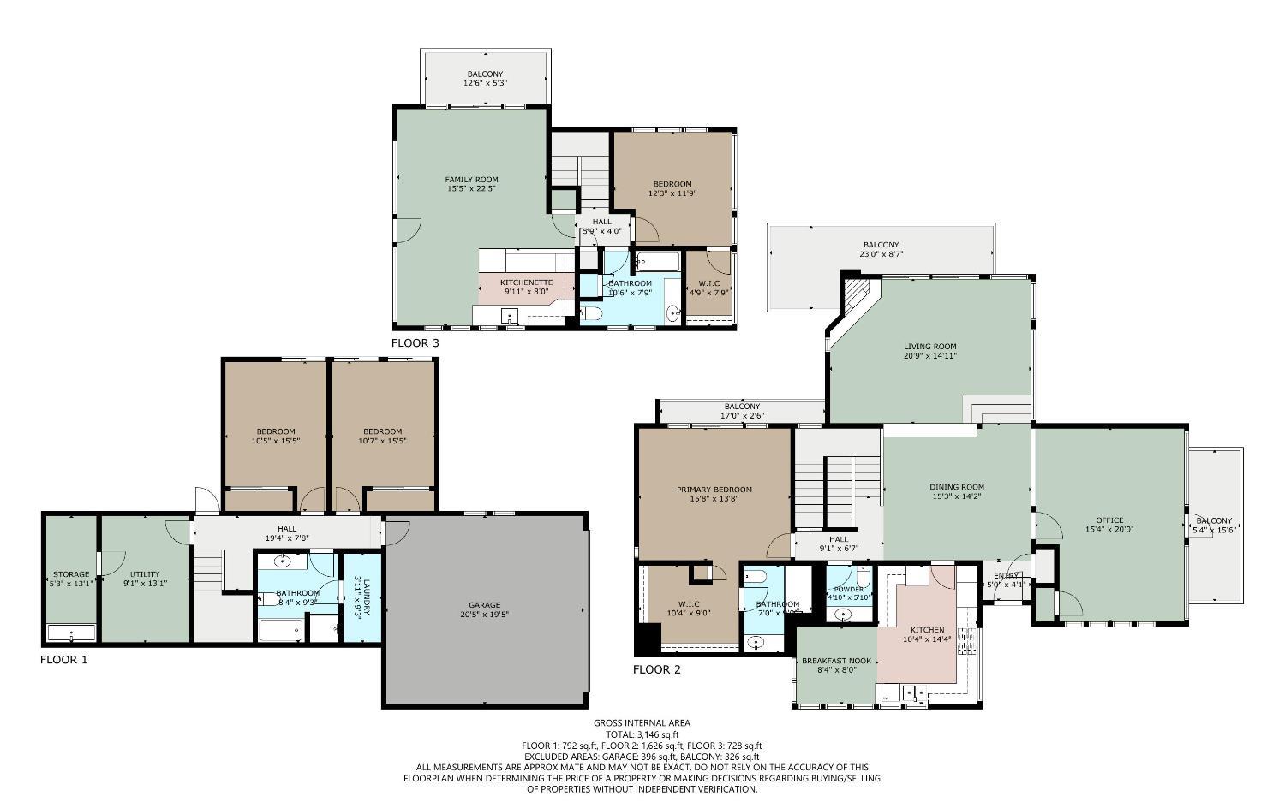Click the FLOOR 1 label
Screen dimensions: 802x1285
pyautogui.click(x=63, y=660)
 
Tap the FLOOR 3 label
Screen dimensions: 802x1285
pyautogui.click(x=415, y=343)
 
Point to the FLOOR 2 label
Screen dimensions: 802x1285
pyautogui.click(x=656, y=670)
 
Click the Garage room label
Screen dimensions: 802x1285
pyautogui.click(x=484, y=605)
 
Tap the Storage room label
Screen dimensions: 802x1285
pyautogui.click(x=70, y=574)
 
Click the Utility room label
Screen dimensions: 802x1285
pyautogui.click(x=145, y=574)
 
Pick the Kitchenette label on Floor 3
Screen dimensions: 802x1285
pyautogui.click(x=526, y=282)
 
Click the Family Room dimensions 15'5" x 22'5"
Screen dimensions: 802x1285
pyautogui.click(x=471, y=189)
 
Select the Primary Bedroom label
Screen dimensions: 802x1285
pyautogui.click(x=714, y=490)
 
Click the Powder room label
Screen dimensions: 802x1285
pyautogui.click(x=848, y=589)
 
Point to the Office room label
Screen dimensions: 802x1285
pyautogui.click(x=1109, y=520)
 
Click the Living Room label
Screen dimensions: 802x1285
pyautogui.click(x=929, y=347)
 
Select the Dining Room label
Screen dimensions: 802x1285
pyautogui.click(x=957, y=487)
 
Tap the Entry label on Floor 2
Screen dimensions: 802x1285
pyautogui.click(x=1006, y=575)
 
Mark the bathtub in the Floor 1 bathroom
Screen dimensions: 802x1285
pyautogui.click(x=280, y=632)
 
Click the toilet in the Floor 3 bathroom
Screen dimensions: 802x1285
pyautogui.click(x=591, y=314)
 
